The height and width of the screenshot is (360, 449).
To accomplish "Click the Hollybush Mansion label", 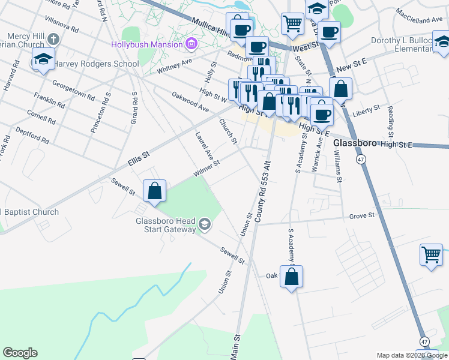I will pyautogui.click(x=146, y=44).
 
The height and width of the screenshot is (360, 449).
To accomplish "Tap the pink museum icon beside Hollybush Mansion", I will pyautogui.click(x=191, y=44).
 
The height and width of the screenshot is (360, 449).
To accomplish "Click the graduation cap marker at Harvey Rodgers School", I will pyautogui.click(x=43, y=59).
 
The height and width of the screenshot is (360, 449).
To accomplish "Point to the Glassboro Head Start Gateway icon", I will pyautogui.click(x=205, y=224).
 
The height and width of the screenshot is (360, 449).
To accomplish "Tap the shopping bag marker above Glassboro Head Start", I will pyautogui.click(x=155, y=191).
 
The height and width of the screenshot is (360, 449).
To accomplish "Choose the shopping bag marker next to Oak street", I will pyautogui.click(x=291, y=277).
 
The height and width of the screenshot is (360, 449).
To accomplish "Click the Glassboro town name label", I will pyautogui.click(x=355, y=144).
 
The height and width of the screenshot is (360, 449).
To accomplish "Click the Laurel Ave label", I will pyautogui.click(x=204, y=146).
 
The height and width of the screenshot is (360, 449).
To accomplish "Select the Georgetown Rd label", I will pyautogui.click(x=73, y=90).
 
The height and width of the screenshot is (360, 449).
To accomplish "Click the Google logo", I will pyautogui.click(x=20, y=353).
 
